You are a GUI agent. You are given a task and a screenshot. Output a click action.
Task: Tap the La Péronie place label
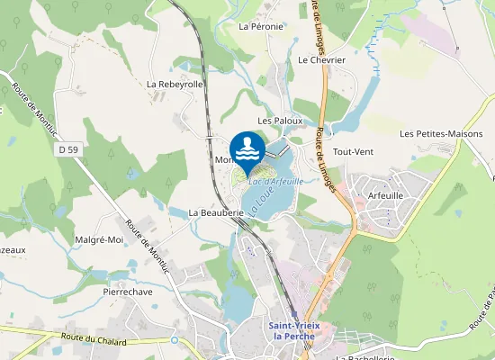(261, 27)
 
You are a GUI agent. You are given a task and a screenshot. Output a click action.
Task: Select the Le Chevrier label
(321, 59)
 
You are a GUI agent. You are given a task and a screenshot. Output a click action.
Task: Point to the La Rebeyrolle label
(175, 84)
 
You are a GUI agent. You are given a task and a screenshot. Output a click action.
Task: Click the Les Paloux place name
(276, 120)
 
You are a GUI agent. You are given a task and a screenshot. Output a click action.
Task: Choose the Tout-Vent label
(353, 152)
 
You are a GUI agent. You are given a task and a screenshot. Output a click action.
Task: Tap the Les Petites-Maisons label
(441, 134)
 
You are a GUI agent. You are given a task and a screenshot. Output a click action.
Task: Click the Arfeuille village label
(380, 193)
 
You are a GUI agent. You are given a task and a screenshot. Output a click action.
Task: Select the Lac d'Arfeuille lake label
(274, 182)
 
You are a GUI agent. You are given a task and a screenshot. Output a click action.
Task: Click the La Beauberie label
(217, 213)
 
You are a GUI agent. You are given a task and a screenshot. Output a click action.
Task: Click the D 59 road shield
(65, 148)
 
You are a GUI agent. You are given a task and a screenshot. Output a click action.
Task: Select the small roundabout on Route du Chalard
(174, 342)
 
